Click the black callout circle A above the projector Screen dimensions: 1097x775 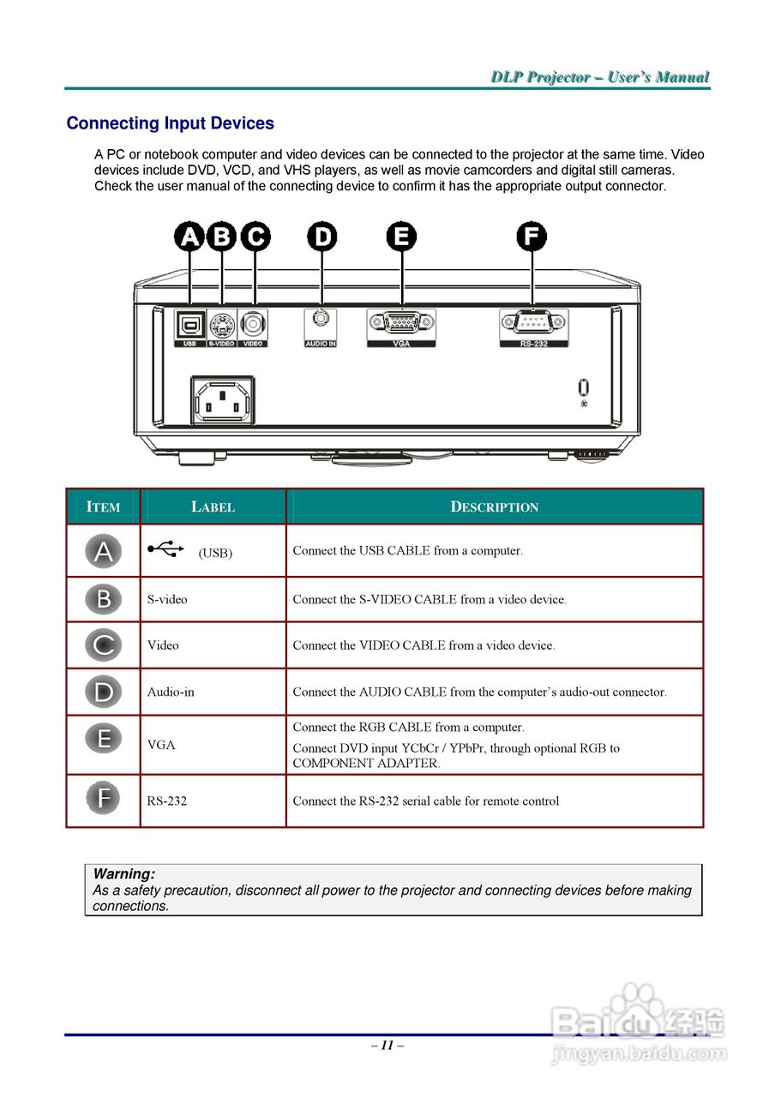189,237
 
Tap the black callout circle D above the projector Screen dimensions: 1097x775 322,237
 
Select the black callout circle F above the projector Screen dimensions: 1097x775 532,237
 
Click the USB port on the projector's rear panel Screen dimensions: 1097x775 189,325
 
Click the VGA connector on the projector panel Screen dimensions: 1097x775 401,322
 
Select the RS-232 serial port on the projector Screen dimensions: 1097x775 533,322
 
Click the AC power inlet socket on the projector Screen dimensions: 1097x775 222,401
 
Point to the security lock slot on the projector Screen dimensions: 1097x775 584,387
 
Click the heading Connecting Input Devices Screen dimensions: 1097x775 170,123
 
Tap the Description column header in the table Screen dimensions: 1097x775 495,507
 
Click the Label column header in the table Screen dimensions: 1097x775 213,507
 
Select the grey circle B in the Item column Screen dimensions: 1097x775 103,599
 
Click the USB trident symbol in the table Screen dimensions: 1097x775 165,548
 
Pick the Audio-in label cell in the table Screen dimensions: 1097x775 171,692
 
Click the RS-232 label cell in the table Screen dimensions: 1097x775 167,801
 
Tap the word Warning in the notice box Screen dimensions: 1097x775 124,874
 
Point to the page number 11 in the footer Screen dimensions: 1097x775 387,1045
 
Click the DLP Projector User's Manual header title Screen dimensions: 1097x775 600,77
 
